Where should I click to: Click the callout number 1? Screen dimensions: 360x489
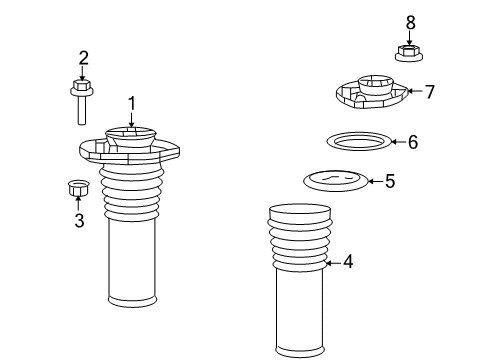coord(131,102)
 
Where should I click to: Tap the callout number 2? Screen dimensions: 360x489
coord(83,58)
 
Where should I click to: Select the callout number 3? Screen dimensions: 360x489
coord(79,220)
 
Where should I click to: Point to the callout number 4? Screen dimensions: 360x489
coord(348,262)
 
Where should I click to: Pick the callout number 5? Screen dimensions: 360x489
coord(390,181)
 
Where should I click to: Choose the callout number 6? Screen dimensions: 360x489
coord(412,143)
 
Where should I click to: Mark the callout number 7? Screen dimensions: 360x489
coord(429,92)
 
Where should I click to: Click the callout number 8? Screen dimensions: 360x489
coord(409,21)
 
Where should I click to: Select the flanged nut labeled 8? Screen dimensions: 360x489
coord(408,52)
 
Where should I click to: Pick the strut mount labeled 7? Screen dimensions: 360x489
coord(371,92)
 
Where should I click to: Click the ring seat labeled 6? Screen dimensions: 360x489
coord(359,142)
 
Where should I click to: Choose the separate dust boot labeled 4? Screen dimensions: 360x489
coord(300,280)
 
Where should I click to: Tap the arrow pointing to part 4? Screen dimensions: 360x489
coord(334,262)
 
